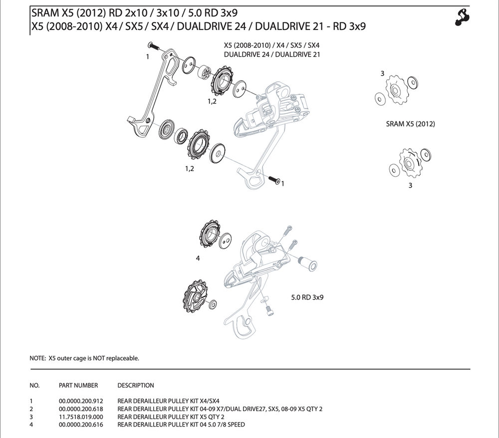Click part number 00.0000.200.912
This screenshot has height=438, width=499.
81,401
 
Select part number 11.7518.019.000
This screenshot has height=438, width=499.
81,417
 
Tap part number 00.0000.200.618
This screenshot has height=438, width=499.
81,409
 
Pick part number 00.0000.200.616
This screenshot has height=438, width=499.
81,425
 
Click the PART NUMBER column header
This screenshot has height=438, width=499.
78,385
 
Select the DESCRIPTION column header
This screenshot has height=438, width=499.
136,385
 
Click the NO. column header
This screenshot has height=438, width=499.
34,385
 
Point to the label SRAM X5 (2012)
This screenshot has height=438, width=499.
410,124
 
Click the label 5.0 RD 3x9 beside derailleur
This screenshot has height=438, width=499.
307,297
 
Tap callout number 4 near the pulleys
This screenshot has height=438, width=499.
198,259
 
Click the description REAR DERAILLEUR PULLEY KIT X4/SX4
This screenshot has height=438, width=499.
168,401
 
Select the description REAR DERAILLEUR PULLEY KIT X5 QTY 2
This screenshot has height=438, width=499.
171,417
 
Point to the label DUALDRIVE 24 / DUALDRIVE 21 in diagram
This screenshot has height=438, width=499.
272,54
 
